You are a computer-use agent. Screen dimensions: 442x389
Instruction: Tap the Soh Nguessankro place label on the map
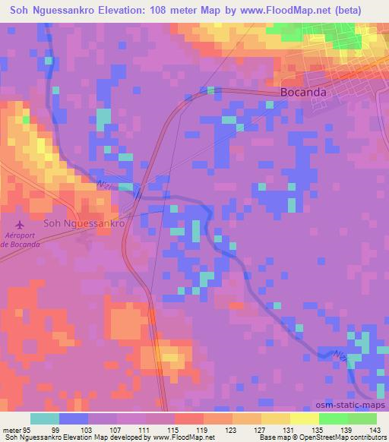(x=84, y=224)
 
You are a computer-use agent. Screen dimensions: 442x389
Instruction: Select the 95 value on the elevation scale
(x=22, y=429)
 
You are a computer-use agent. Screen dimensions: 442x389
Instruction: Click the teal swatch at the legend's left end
(x=45, y=418)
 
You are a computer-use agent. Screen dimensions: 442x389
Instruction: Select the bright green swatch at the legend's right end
(x=362, y=418)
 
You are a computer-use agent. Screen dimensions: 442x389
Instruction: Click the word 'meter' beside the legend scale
(x=8, y=429)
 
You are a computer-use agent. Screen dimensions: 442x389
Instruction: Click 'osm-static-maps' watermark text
(x=356, y=405)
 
